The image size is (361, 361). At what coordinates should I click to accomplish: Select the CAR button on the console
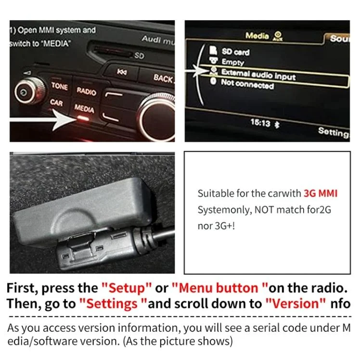pos(57,103)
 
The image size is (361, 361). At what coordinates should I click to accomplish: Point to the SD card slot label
pos(139,56)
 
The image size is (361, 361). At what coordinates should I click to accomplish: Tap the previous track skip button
pos(122,72)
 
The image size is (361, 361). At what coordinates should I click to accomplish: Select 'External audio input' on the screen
pos(258,74)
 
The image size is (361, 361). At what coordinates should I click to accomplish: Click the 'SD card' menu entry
pos(235,52)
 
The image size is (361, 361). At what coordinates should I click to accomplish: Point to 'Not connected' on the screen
pos(247,84)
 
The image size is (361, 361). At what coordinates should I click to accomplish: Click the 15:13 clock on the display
pos(260,123)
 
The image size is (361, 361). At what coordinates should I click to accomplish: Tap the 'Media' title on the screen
pos(257,36)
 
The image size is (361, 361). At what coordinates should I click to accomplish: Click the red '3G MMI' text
pos(321,193)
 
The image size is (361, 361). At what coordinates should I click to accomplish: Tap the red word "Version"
pos(295,303)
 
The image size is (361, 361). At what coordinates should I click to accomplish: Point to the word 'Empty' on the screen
pos(232,62)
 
